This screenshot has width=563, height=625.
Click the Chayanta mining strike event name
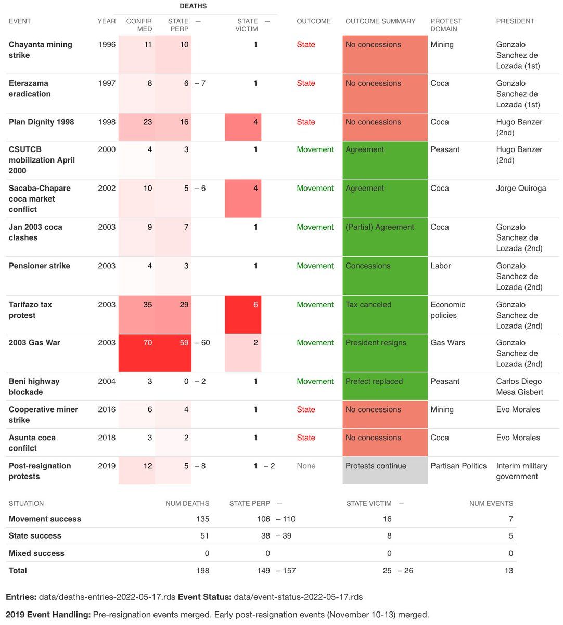[41, 50]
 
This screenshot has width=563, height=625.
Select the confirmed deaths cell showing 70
[137, 353]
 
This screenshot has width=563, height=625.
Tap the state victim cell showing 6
[243, 315]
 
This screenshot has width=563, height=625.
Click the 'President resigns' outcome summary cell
[385, 353]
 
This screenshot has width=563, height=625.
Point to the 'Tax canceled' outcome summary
[385, 315]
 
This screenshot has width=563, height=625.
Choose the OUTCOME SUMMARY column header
[380, 21]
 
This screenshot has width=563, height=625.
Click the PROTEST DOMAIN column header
[446, 25]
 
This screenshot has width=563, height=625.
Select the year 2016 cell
[107, 409]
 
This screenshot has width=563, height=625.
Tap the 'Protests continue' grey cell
[385, 470]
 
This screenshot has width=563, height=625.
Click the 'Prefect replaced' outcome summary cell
[385, 386]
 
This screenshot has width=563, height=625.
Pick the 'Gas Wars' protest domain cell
[448, 343]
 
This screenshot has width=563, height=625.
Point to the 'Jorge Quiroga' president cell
[521, 189]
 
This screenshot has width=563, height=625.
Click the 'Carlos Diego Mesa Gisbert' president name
[519, 386]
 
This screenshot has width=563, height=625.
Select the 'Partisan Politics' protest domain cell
[458, 466]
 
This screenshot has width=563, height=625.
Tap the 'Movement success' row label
[45, 519]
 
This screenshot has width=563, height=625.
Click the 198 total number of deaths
[202, 571]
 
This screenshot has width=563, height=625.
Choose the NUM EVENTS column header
[491, 504]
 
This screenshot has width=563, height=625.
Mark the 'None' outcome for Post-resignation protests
[306, 466]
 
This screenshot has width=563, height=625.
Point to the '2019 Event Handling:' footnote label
[48, 615]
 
